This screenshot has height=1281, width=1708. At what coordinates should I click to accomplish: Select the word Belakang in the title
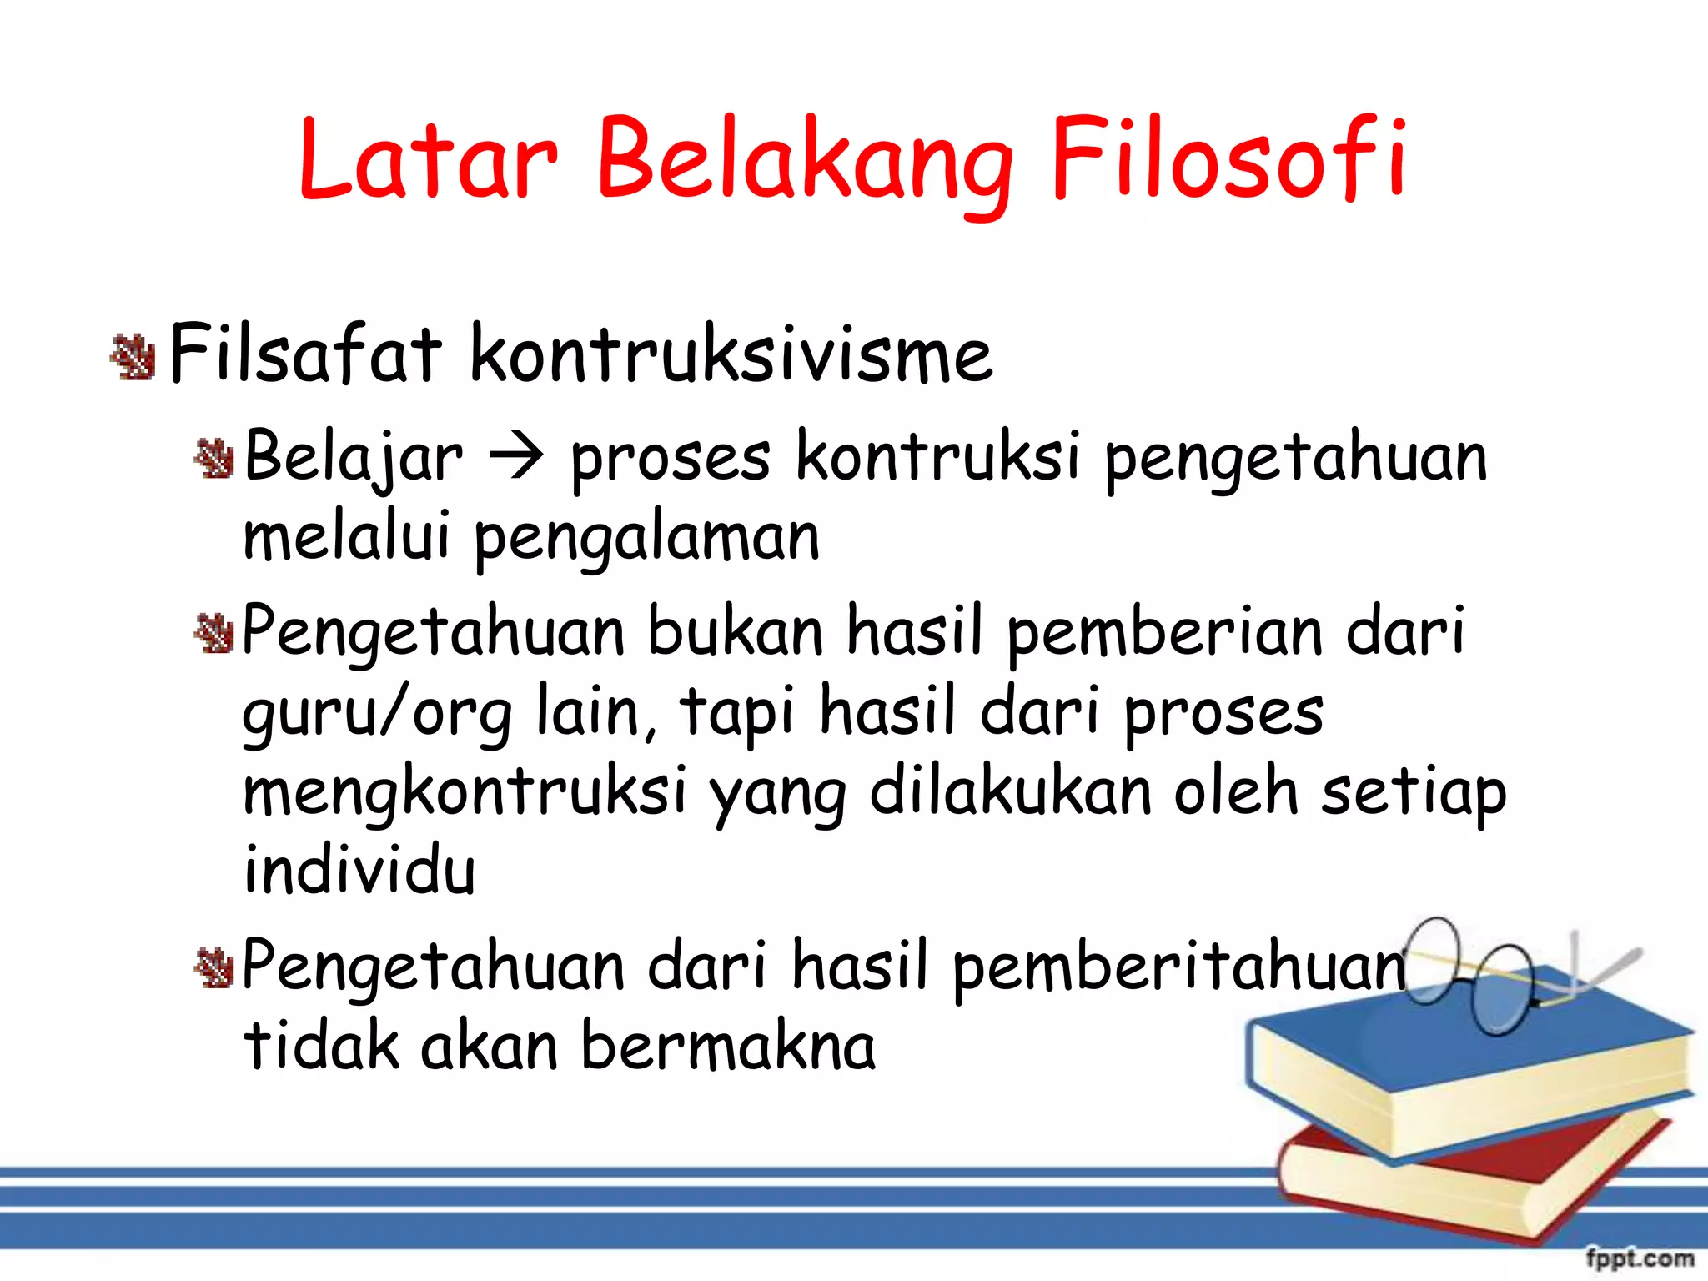[x=804, y=163]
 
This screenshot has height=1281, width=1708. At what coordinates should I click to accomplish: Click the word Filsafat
[x=304, y=354]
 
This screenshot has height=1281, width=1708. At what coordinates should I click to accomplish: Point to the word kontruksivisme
[x=731, y=354]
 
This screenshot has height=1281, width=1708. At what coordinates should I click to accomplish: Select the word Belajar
[x=353, y=458]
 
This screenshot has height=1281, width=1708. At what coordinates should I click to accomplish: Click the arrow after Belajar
[x=516, y=458]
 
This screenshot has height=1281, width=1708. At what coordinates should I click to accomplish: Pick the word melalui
[x=346, y=535]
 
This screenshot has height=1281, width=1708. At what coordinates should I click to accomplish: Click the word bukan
[x=735, y=631]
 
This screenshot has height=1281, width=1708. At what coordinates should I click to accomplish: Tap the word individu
[x=359, y=870]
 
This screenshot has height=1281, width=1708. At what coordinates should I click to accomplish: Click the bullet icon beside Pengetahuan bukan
[x=213, y=634]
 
